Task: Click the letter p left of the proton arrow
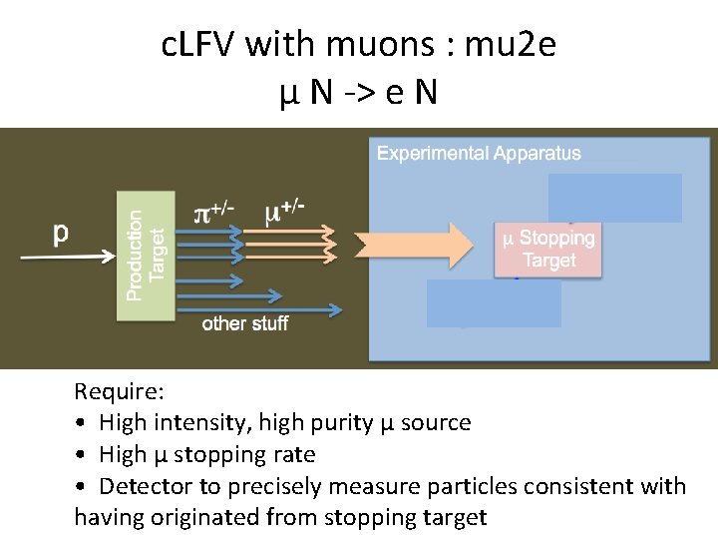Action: pyautogui.click(x=61, y=233)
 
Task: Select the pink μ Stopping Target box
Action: pyautogui.click(x=548, y=249)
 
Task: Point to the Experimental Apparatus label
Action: pyautogui.click(x=478, y=154)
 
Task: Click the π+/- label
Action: pyautogui.click(x=213, y=213)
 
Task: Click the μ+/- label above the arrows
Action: pyautogui.click(x=283, y=212)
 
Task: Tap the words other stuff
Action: pyautogui.click(x=244, y=322)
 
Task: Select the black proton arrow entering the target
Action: pyautogui.click(x=70, y=258)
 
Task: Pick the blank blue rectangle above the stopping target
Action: pyautogui.click(x=614, y=198)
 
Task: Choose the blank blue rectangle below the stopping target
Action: pyautogui.click(x=494, y=303)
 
